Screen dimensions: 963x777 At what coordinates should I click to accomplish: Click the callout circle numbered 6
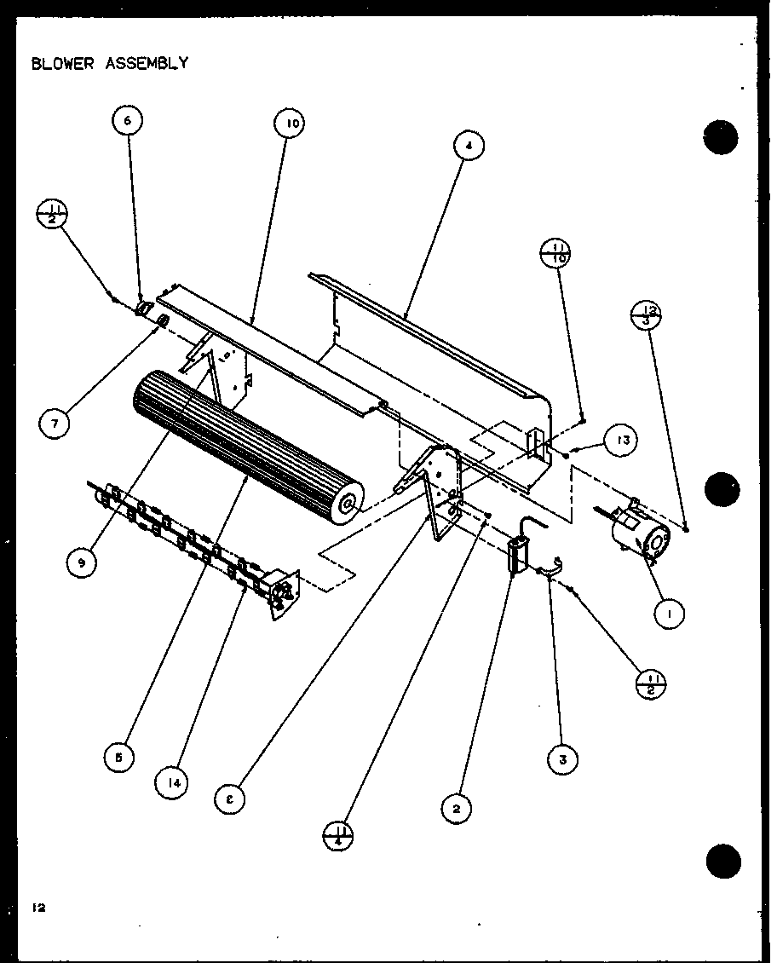pos(127,122)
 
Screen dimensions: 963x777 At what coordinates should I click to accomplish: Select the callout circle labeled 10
pos(290,124)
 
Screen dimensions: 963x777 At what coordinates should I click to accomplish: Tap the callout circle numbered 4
pos(468,146)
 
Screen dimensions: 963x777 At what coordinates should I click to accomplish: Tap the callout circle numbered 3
pos(561,758)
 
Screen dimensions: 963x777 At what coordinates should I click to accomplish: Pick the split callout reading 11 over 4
pos(339,834)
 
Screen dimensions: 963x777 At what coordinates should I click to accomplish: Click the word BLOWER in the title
pos(62,64)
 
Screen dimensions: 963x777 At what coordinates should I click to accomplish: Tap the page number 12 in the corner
pos(38,908)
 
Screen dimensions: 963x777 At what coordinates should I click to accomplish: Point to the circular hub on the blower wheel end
pos(348,505)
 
